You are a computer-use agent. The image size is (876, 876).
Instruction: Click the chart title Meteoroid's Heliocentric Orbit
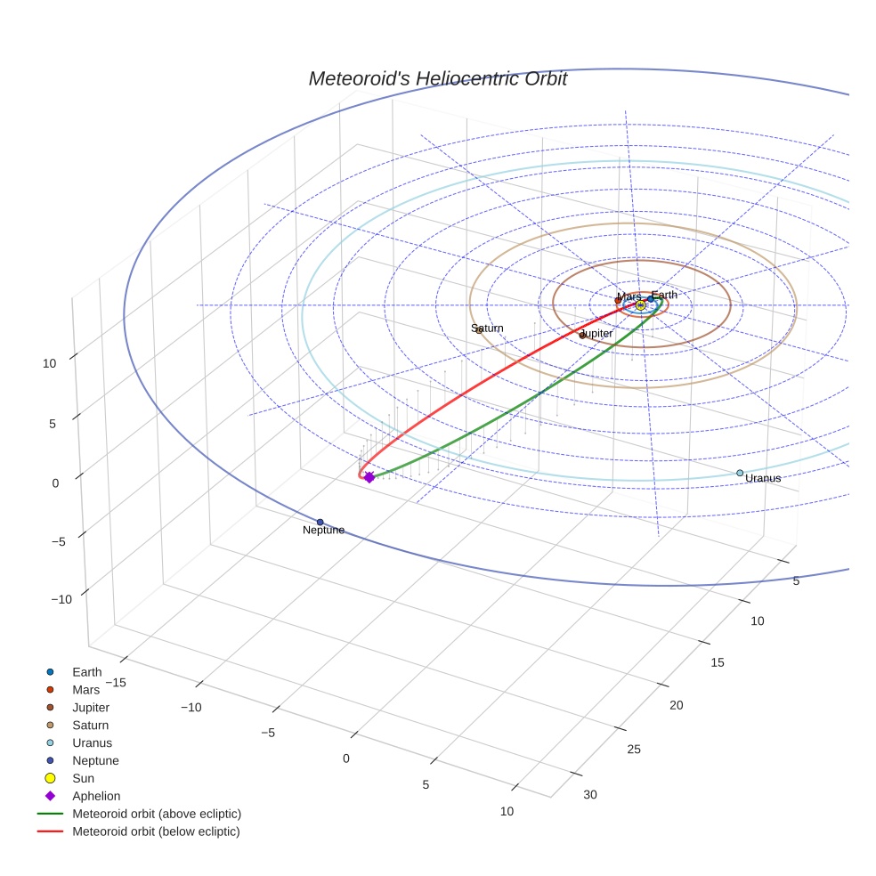[437, 79]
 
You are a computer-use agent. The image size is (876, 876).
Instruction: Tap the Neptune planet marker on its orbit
[320, 522]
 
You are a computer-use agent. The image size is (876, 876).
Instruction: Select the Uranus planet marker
[740, 473]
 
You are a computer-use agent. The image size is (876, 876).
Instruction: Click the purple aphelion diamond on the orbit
[369, 478]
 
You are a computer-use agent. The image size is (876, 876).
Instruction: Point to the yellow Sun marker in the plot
[641, 305]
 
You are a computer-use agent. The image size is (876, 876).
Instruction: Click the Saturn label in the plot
[487, 328]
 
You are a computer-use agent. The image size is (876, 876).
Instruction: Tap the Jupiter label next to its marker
[596, 334]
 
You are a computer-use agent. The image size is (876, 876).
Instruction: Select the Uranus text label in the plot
[763, 479]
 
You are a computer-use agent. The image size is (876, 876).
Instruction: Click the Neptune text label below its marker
[323, 531]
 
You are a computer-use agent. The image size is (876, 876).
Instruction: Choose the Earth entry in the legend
[86, 672]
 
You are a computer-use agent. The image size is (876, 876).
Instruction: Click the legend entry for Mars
[85, 690]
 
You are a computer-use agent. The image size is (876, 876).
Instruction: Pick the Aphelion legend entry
[95, 796]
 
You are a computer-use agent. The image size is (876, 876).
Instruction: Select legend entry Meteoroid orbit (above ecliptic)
[156, 814]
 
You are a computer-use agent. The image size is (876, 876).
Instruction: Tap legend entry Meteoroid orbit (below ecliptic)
[156, 831]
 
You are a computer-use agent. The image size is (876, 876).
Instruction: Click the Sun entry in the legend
[83, 778]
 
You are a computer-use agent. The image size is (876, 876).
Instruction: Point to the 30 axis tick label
[590, 795]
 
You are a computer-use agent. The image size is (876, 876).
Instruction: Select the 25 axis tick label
[634, 750]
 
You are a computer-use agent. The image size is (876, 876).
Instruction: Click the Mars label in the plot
[629, 297]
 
